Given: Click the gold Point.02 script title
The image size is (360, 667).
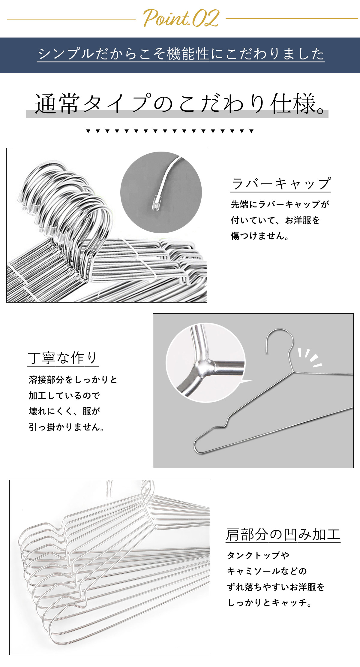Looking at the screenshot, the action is tap(181, 18).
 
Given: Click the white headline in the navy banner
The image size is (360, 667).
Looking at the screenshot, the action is tap(181, 54).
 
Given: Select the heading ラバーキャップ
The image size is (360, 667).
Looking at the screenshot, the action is tap(281, 183).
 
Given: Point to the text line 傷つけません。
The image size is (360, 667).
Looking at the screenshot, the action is tap(260, 236).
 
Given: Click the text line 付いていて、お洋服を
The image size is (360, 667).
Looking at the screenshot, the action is tap(275, 220).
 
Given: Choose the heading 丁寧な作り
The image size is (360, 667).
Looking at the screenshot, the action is tap(63, 358).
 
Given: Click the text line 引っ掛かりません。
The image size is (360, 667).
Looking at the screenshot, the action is tap(67, 427).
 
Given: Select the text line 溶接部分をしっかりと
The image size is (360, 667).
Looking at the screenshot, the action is tap(73, 380).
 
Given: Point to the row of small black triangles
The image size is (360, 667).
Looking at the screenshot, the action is tap(170, 131).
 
